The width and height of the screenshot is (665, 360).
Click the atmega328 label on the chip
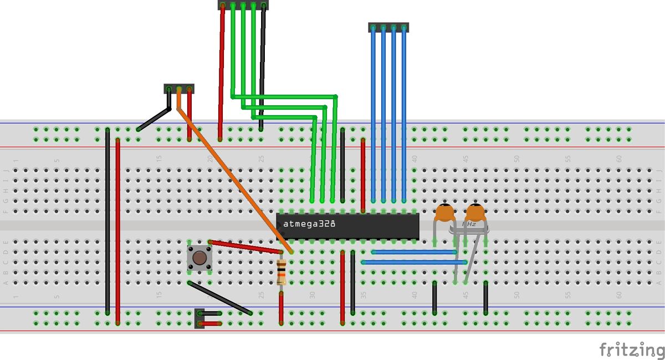[309, 224]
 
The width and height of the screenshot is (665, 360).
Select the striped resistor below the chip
[282, 272]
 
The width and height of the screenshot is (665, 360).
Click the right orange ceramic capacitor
[475, 213]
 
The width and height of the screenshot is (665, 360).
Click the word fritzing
[632, 350]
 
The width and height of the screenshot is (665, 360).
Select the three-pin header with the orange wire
[179, 89]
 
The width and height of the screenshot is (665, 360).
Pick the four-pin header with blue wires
[388, 27]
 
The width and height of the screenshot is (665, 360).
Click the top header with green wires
[242, 5]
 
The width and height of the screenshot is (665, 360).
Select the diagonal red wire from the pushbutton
[246, 247]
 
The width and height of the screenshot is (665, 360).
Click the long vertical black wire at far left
[108, 222]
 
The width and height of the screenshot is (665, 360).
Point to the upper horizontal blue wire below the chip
[413, 252]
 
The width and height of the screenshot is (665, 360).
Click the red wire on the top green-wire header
[222, 72]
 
